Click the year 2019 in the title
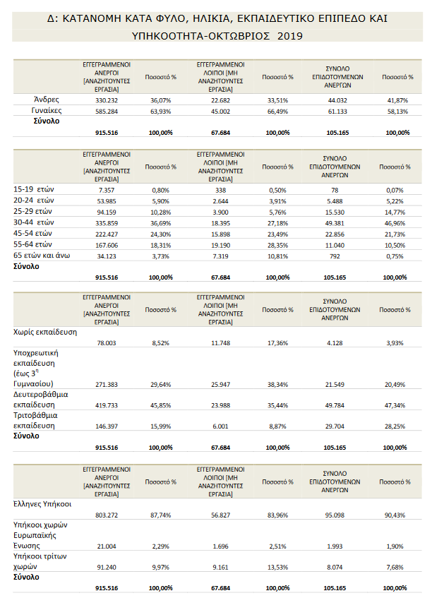[x=290, y=36]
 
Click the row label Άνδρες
[x=47, y=100]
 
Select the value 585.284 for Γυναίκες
[x=107, y=112]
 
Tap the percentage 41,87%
[x=397, y=100]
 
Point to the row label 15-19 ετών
[x=34, y=189]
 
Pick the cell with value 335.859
[x=107, y=223]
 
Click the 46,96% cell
[x=395, y=223]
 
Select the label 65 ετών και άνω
[x=42, y=256]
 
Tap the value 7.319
[x=220, y=256]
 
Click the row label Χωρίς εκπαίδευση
[x=45, y=332]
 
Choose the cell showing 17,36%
[x=277, y=343]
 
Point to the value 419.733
[x=107, y=405]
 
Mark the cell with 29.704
[x=335, y=426]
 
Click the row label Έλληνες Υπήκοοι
[x=42, y=504]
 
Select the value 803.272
[x=107, y=515]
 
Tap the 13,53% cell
[x=277, y=568]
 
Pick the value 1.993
[x=335, y=546]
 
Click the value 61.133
[x=337, y=112]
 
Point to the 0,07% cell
[x=395, y=191]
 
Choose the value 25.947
[x=220, y=385]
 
